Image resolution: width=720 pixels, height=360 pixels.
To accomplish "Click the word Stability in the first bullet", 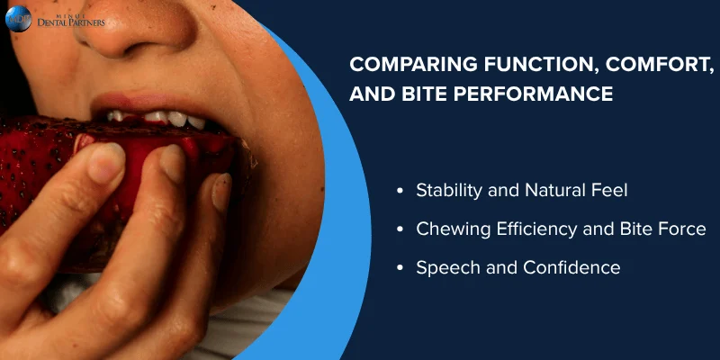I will pos(446,191).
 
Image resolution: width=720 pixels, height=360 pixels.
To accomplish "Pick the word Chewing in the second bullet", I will pos(449,229).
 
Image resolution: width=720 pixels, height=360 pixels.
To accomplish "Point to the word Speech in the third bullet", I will pos(444,268).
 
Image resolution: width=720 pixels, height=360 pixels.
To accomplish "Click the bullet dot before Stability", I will pos(400,191).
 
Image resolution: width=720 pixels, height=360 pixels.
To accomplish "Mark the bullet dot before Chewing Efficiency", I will pos(400,229).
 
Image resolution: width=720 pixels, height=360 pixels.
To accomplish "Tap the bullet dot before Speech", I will pos(400,268).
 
